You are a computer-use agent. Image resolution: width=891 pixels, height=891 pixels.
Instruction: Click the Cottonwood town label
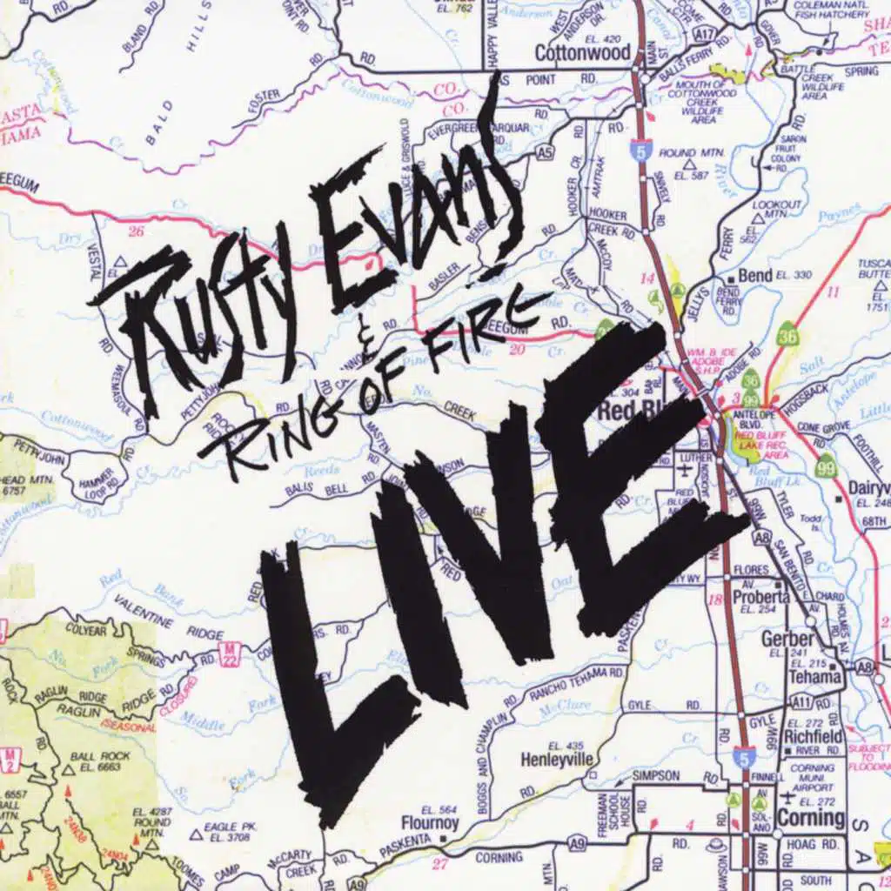[582, 52]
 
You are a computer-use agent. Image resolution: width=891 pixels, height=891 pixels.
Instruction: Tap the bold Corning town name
[810, 818]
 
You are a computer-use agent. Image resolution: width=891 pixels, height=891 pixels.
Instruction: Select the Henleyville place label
[557, 760]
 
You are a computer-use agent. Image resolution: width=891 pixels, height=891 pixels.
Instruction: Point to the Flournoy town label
[430, 821]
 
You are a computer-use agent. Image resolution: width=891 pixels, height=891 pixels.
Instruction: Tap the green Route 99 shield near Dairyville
[826, 467]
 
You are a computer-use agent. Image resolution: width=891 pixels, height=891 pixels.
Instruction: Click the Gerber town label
[787, 638]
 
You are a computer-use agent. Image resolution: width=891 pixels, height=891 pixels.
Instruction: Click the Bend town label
[754, 276]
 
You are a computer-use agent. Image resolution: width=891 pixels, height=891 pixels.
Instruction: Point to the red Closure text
[178, 696]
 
